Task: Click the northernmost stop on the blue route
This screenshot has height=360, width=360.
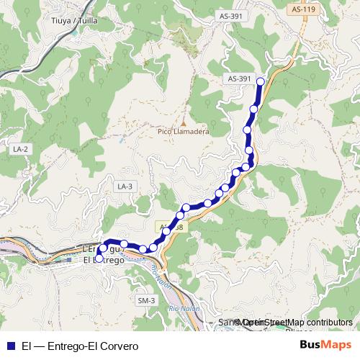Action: pos(260,81)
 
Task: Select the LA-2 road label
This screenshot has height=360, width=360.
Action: pos(20,148)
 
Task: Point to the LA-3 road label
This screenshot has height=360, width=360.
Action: pos(125,186)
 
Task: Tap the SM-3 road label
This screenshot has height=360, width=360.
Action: pos(146,300)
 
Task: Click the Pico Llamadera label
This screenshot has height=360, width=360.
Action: pos(183,132)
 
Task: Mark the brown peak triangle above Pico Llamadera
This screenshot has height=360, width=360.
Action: pos(183,122)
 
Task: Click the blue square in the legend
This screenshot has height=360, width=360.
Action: pos(10,345)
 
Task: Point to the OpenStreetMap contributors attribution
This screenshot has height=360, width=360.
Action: pos(295,323)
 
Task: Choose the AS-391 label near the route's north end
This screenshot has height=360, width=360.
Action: pos(238,78)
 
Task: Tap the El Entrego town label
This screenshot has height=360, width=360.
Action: pos(104,260)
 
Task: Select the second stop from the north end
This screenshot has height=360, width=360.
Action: pos(254,109)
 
